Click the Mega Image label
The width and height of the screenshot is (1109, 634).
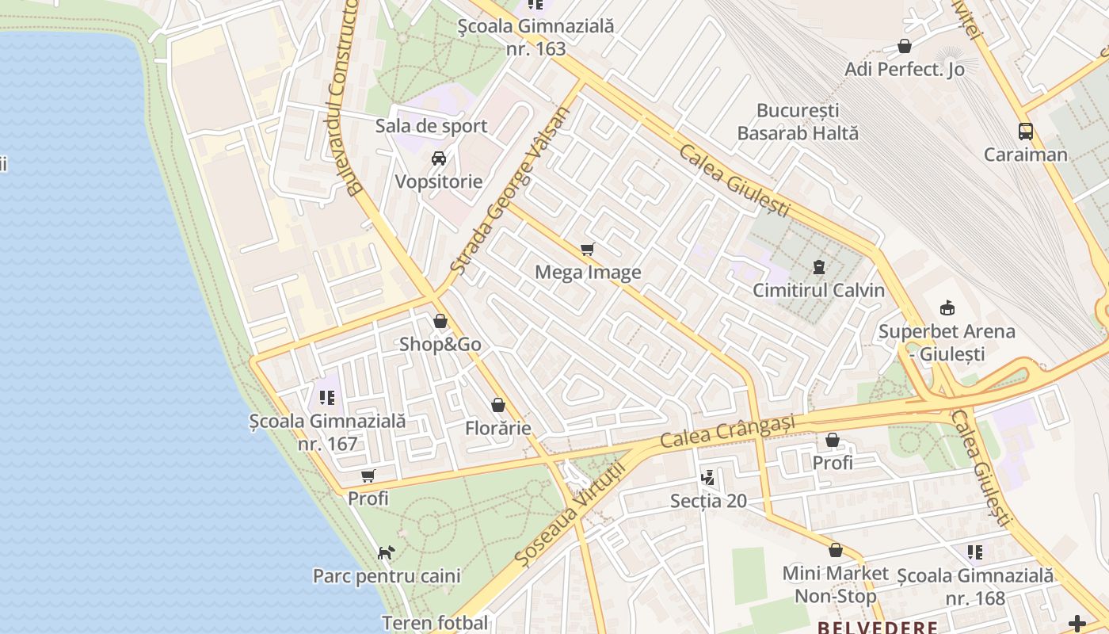coord(588,273)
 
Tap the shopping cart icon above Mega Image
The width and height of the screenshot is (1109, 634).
coord(587,250)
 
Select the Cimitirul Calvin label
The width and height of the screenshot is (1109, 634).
coord(818,290)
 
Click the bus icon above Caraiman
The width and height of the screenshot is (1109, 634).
coord(1026,132)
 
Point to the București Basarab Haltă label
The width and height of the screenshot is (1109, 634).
coord(798,121)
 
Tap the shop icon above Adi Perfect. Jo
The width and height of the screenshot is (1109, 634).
coord(904,47)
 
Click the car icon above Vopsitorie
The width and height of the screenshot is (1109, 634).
coord(438,158)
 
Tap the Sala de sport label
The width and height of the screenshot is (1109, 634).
coord(431,126)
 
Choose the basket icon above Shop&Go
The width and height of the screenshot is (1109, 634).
coord(440,322)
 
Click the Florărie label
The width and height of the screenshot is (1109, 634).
coord(497,429)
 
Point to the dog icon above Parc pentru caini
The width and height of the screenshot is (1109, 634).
coord(386,552)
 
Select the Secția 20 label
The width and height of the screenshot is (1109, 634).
coord(708,501)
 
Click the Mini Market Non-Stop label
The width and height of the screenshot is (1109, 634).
coord(835,584)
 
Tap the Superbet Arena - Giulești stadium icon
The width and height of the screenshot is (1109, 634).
coord(946,307)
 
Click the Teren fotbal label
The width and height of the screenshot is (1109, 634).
coord(435,623)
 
